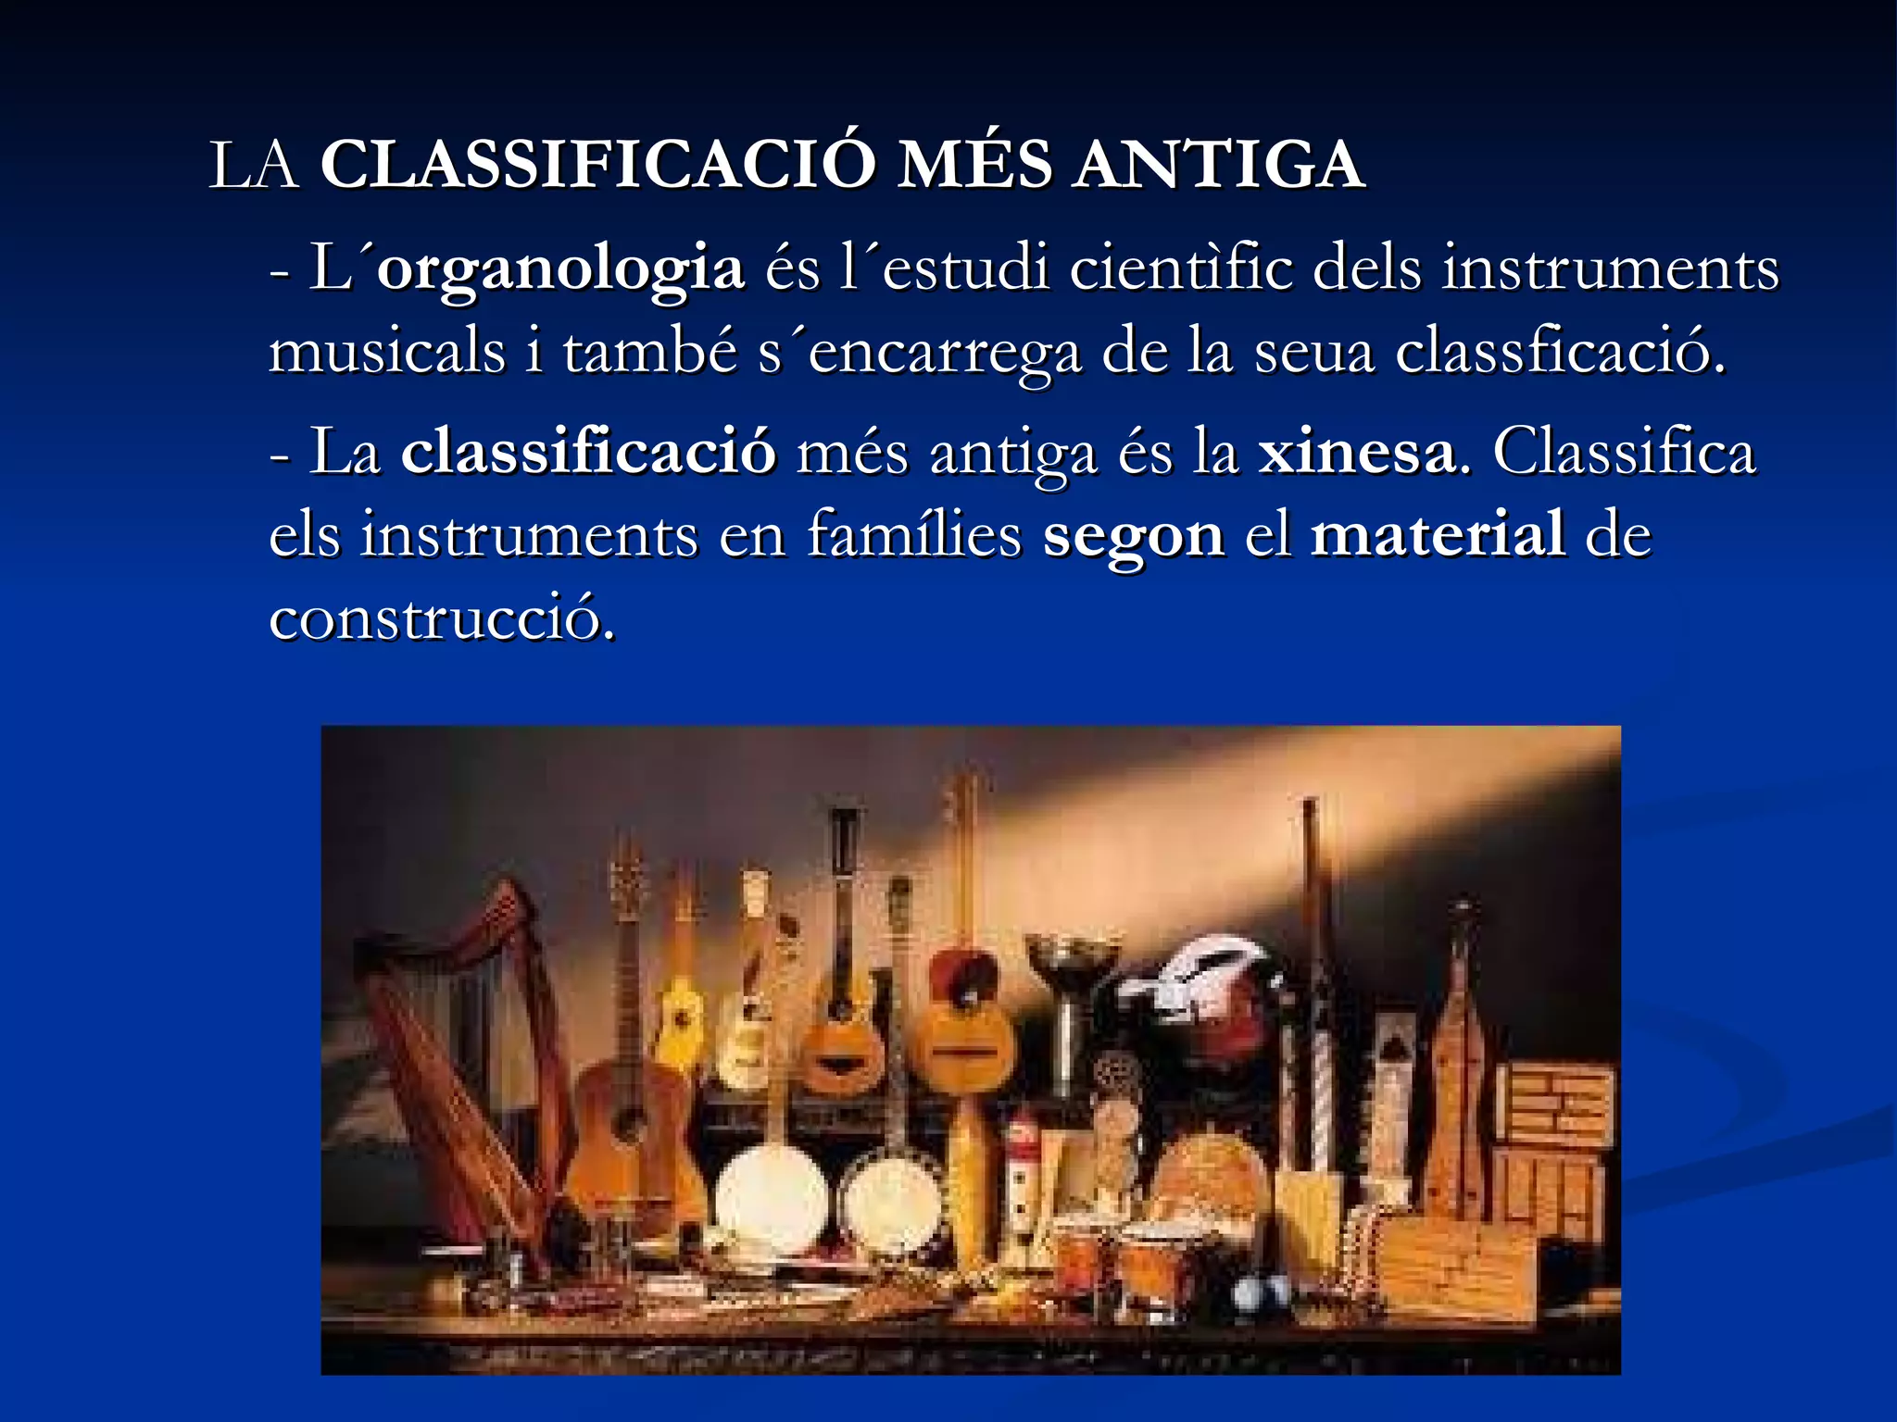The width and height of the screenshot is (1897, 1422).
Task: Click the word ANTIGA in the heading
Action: point(1217,165)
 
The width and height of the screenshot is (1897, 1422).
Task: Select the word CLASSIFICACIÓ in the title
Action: point(597,165)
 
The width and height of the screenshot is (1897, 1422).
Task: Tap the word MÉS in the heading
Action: point(974,165)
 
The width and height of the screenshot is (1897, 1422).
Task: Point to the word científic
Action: point(1180,268)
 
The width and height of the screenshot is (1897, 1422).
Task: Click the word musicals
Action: point(386,352)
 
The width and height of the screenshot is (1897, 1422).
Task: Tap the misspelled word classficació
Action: point(1560,352)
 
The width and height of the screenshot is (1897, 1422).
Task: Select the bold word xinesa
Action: point(1356,453)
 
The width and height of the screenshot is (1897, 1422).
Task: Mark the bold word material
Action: point(1438,534)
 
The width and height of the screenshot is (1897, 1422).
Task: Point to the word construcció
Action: point(441,617)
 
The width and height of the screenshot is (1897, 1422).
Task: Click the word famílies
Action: point(913,534)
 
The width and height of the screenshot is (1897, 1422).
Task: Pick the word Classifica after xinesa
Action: point(1623,453)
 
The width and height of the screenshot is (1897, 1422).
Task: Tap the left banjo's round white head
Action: point(771,1200)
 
